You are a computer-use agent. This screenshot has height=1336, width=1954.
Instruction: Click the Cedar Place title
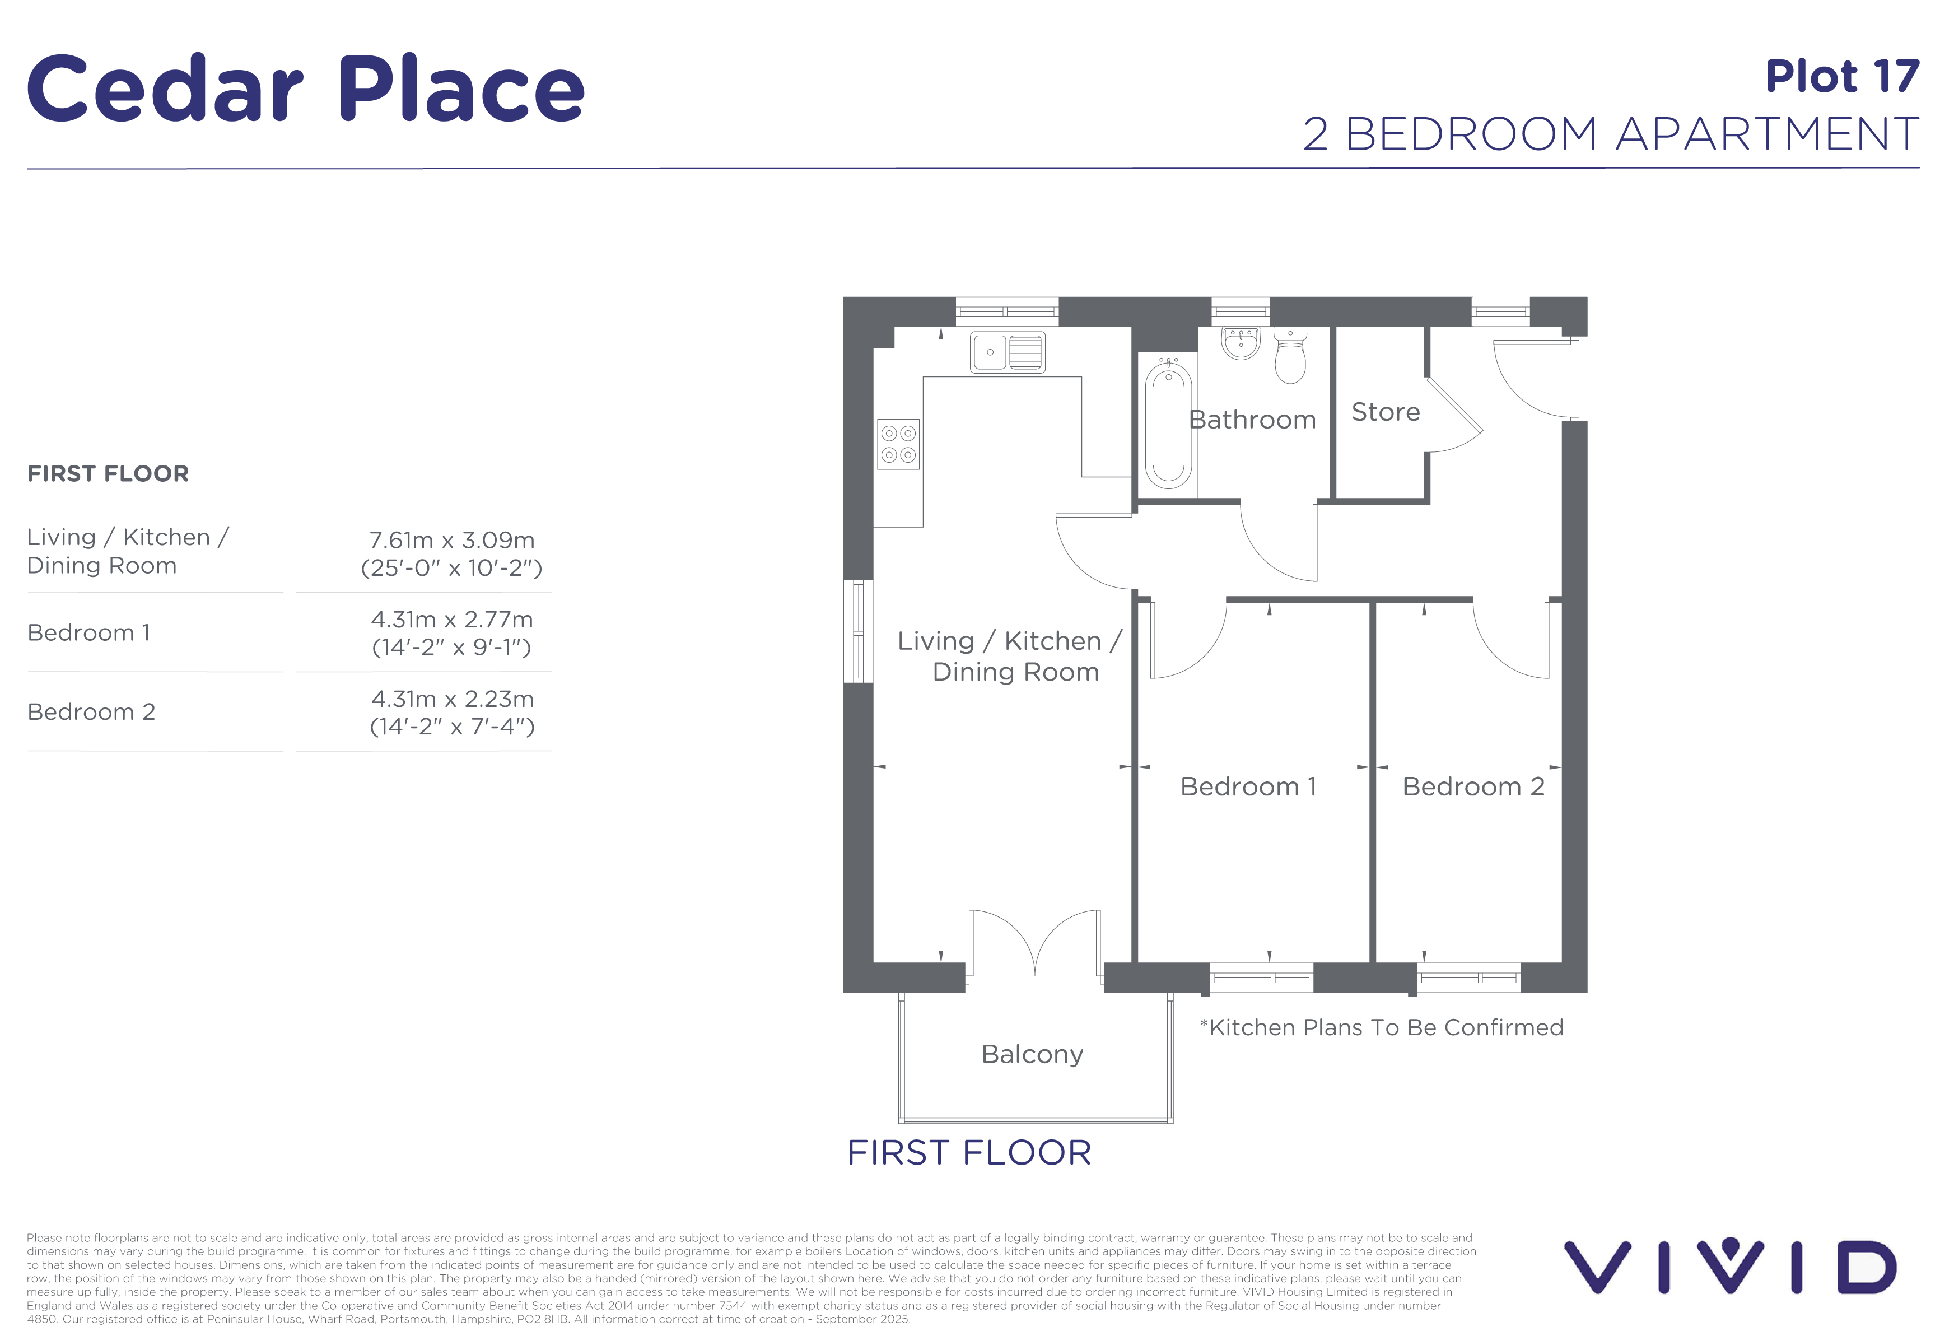point(306,89)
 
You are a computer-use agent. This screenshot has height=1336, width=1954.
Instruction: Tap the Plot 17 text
point(1842,77)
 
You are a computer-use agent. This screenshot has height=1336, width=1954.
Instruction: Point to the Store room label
point(1386,412)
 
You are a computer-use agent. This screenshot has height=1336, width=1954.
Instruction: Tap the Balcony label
point(1033,1054)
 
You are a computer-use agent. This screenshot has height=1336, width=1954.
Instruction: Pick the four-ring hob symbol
point(898,444)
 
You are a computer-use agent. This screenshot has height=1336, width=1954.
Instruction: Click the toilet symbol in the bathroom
point(1290,355)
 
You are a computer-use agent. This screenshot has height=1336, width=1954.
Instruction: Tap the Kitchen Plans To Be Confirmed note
point(1382,1027)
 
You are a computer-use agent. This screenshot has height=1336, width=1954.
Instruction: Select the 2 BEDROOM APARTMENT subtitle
point(1611,134)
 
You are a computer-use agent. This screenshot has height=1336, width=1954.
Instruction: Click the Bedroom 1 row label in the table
point(89,632)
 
